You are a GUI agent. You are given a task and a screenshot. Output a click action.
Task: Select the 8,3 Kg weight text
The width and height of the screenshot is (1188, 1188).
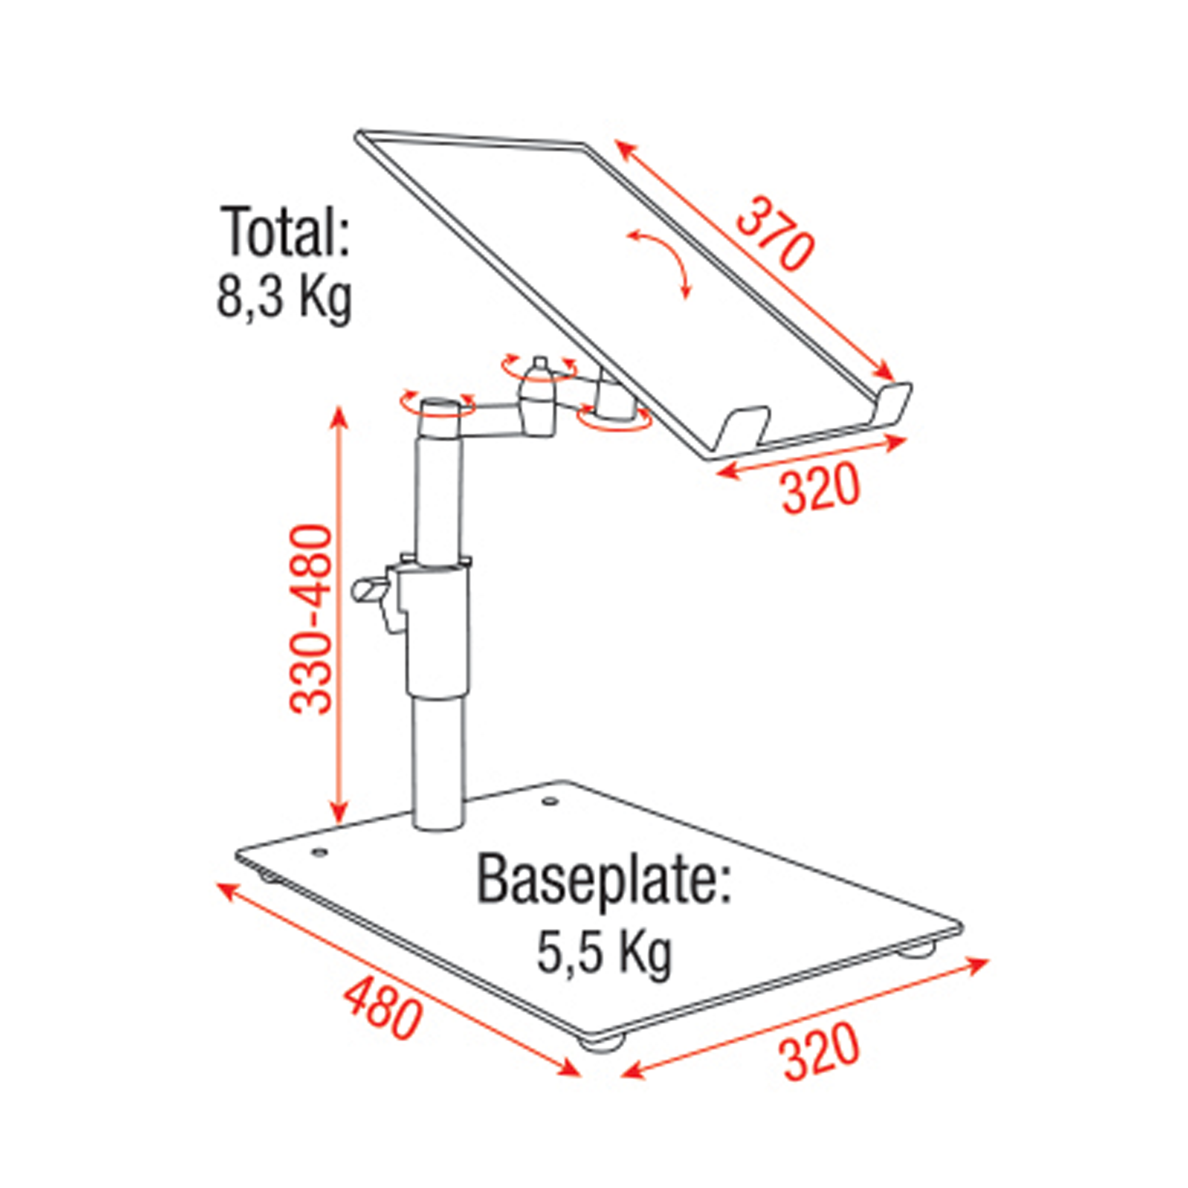pyautogui.click(x=284, y=299)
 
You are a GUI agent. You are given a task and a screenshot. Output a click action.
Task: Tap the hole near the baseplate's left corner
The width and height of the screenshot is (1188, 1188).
pyautogui.click(x=319, y=852)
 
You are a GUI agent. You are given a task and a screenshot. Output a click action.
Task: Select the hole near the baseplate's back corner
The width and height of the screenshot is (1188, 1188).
pyautogui.click(x=548, y=802)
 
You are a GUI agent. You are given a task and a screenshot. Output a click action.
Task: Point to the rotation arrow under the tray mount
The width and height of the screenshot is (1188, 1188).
pyautogui.click(x=615, y=421)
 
